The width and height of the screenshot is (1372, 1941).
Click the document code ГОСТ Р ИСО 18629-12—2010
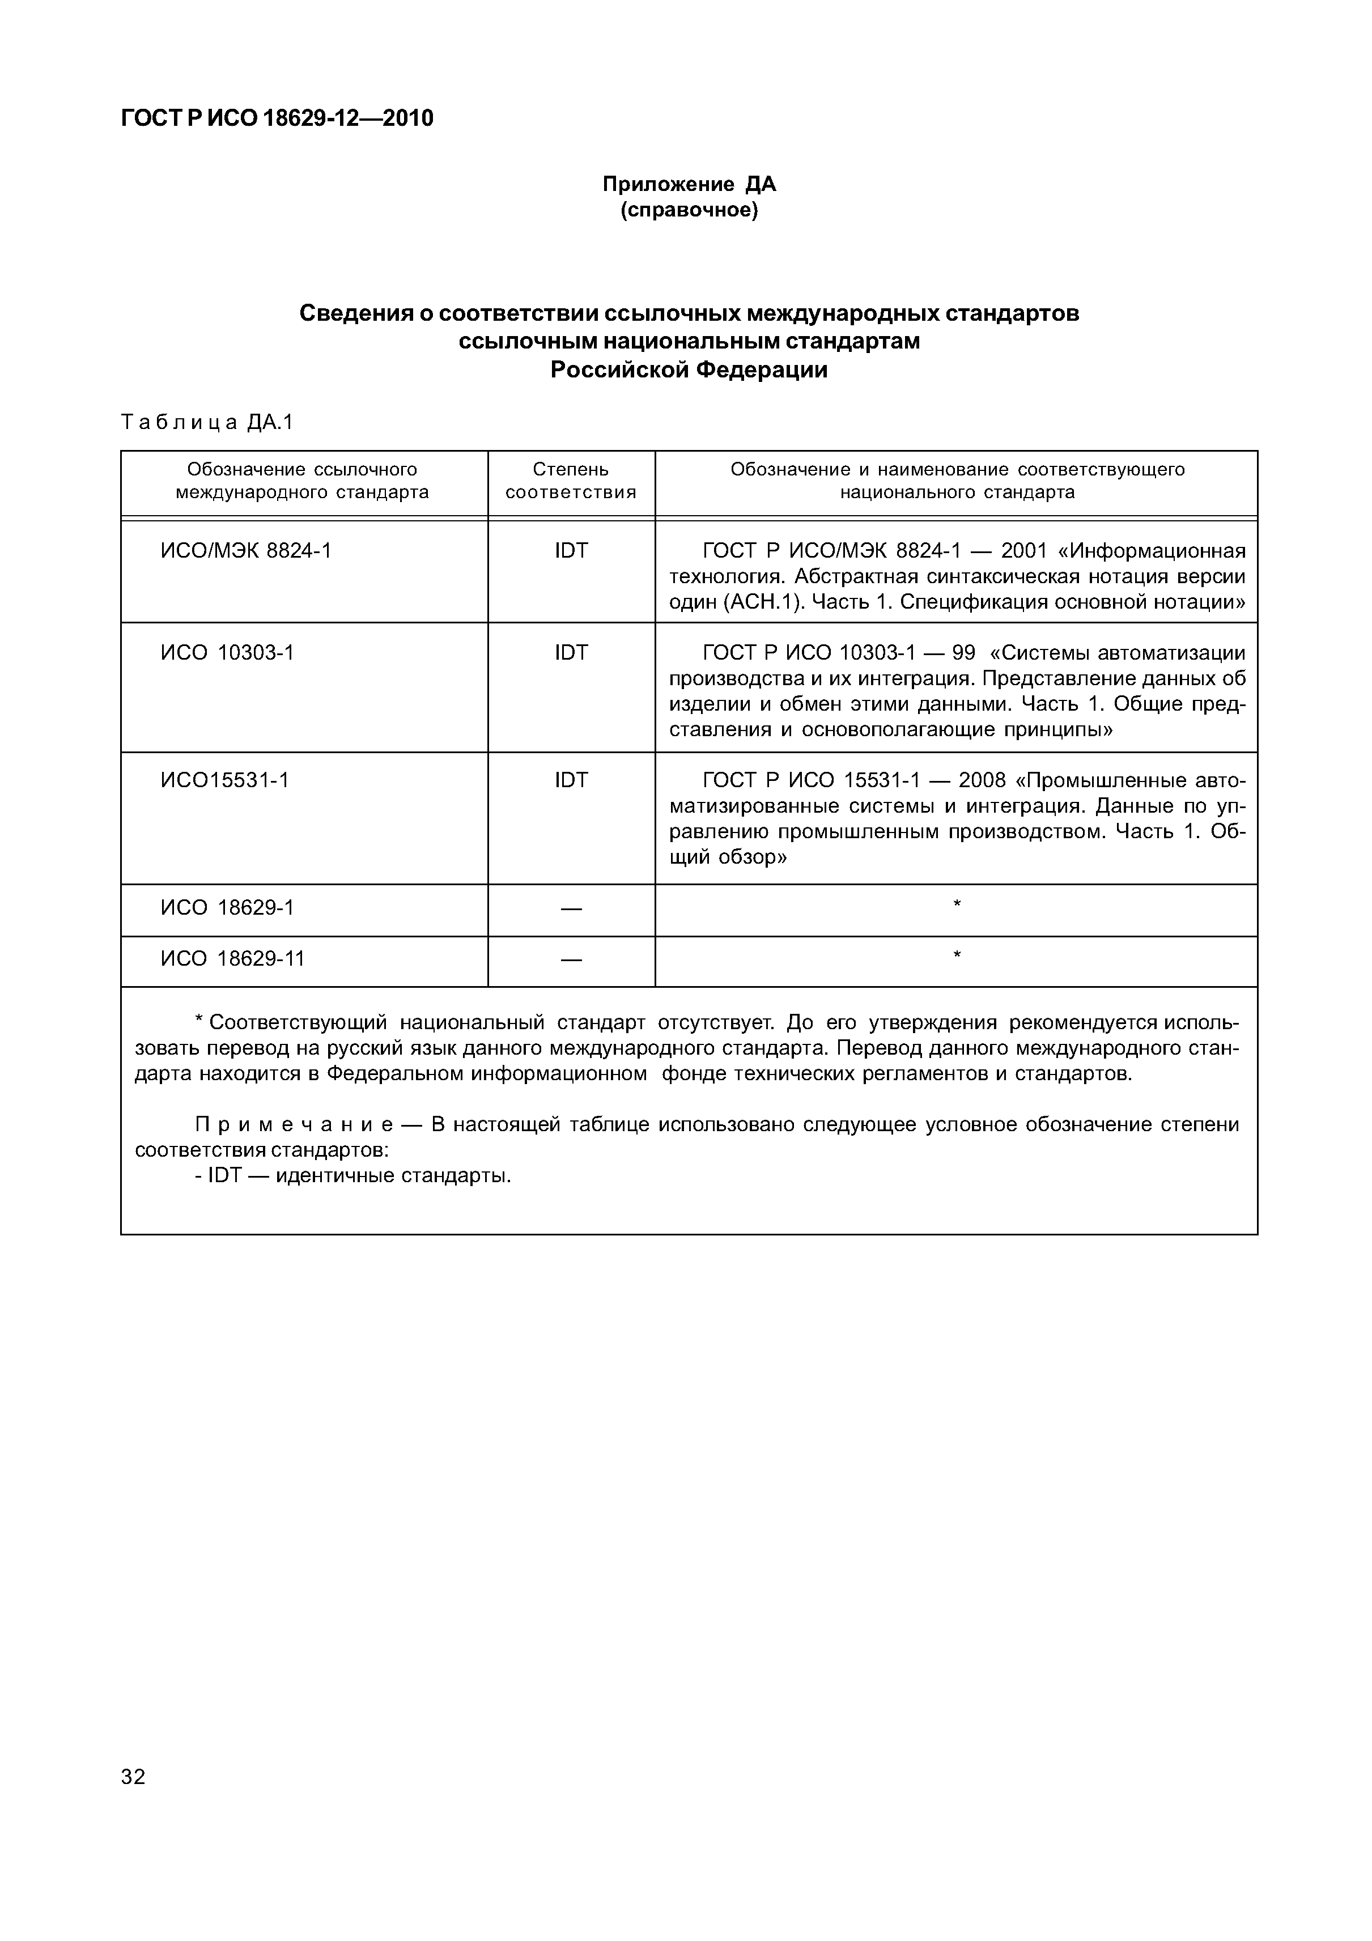(277, 118)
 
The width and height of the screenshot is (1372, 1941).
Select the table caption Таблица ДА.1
(207, 422)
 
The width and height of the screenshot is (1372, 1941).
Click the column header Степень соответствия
(571, 480)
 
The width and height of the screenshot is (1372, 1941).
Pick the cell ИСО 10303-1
(227, 653)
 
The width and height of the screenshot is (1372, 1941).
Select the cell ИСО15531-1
(225, 779)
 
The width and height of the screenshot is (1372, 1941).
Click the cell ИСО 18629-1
(227, 908)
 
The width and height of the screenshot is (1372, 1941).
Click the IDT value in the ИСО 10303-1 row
(571, 653)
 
